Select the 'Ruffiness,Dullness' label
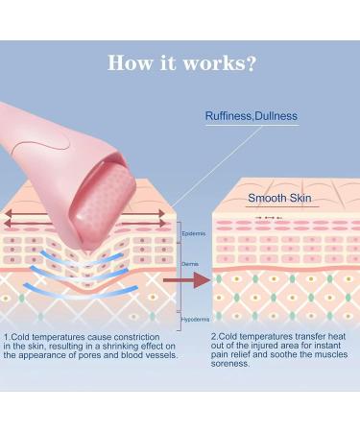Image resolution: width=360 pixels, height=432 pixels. [252, 116]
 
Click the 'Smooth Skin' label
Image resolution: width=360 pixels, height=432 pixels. [279, 199]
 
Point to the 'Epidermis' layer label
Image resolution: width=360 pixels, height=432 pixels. [192, 232]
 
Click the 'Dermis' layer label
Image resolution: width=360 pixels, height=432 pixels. [189, 262]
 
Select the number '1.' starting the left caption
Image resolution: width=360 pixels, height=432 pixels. [7, 337]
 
